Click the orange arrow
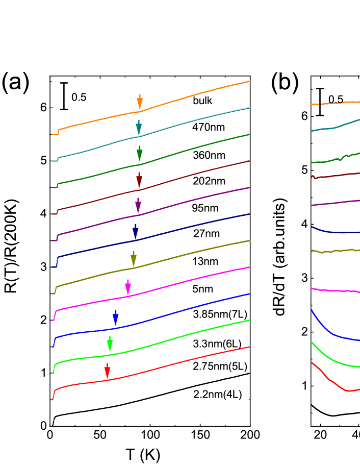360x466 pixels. click(139, 102)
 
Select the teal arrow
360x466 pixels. click(139, 128)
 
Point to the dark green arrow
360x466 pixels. click(139, 154)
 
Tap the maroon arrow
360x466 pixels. click(139, 180)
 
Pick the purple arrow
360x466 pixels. click(138, 206)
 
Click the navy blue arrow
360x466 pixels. click(135, 232)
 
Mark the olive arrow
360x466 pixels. click(134, 259)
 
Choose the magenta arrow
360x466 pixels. click(128, 287)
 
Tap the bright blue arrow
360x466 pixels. click(116, 317)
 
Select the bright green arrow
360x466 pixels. click(110, 344)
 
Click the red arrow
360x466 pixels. click(107, 371)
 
